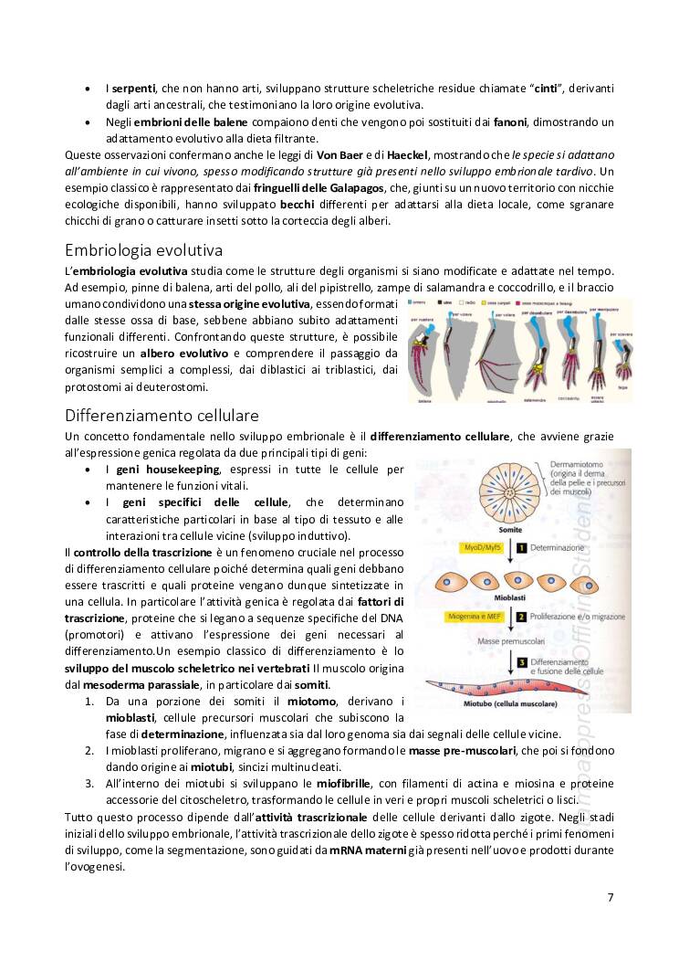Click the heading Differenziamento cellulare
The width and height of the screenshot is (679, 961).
pyautogui.click(x=162, y=416)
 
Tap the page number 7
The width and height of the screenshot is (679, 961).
pyautogui.click(x=611, y=896)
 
